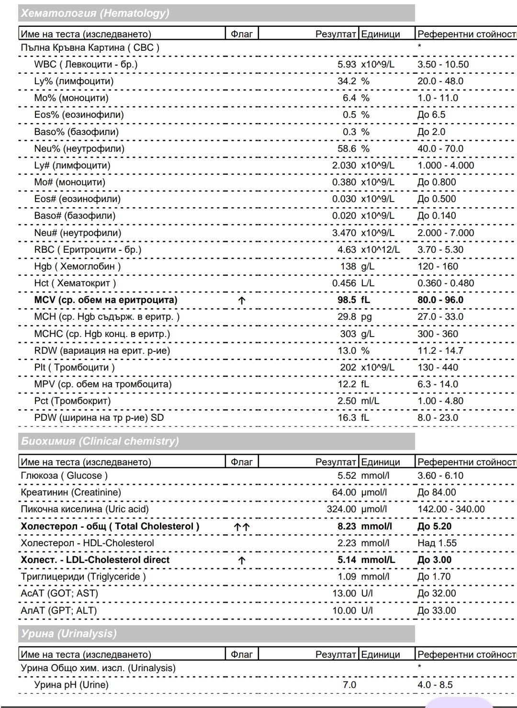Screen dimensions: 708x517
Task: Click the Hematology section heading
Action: (95, 13)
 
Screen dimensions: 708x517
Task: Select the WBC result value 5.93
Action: (347, 65)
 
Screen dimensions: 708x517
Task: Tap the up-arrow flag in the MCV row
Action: (242, 301)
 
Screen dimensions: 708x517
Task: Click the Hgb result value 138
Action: (348, 267)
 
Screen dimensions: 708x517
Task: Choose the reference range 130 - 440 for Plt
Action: (438, 368)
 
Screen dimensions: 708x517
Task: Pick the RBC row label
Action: (88, 250)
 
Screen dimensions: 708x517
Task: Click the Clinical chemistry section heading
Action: (100, 441)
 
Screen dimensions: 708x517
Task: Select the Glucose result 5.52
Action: (347, 476)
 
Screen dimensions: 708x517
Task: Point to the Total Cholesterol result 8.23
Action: (347, 527)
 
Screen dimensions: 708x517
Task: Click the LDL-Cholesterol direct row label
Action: (95, 560)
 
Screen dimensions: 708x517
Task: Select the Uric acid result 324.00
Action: (341, 509)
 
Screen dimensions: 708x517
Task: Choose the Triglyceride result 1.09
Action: (347, 577)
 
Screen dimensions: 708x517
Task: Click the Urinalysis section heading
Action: (68, 634)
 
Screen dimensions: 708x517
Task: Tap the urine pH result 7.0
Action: (349, 685)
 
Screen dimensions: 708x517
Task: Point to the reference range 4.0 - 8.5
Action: (435, 685)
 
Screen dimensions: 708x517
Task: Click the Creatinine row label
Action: (71, 493)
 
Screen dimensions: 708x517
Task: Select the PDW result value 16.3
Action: (347, 418)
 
